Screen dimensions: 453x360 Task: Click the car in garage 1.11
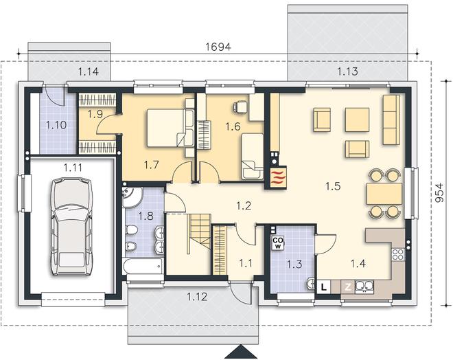tap(71, 227)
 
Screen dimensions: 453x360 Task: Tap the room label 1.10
tap(56, 125)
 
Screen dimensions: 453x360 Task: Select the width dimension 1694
tap(218, 47)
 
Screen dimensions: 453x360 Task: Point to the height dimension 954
tap(439, 193)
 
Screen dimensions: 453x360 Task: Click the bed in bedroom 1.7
tap(170, 128)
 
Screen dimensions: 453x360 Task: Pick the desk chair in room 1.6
tap(240, 106)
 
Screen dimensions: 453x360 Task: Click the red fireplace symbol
tap(278, 177)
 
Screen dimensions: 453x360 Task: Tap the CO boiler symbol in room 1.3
tap(278, 243)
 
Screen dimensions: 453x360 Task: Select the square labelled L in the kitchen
tap(324, 287)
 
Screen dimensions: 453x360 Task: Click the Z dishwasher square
tap(348, 287)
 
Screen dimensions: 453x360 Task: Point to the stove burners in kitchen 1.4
tap(397, 254)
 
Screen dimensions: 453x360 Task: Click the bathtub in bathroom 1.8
tap(143, 266)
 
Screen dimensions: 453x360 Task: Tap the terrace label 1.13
tap(347, 71)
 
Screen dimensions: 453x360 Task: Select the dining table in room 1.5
tap(384, 194)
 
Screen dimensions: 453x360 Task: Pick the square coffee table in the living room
tap(357, 120)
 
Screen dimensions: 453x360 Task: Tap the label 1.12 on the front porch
tap(197, 297)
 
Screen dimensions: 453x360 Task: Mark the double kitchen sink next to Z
tap(364, 286)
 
